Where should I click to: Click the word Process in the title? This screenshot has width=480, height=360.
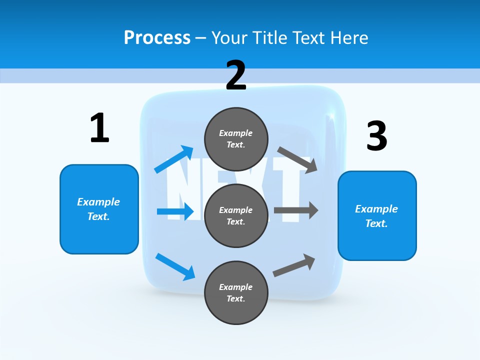(x=157, y=37)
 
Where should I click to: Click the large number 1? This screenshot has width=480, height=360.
(x=99, y=128)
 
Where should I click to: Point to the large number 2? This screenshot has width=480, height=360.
(x=236, y=75)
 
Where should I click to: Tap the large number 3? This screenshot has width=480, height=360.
(x=376, y=136)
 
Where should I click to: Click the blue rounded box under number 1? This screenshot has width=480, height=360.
(x=99, y=209)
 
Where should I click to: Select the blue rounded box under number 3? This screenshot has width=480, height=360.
(x=377, y=215)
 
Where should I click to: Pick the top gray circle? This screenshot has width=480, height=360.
(x=236, y=139)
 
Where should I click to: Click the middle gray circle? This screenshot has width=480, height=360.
(x=236, y=215)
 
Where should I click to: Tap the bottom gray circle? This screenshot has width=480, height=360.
(x=236, y=292)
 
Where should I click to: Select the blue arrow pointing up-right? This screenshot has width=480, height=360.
(x=174, y=159)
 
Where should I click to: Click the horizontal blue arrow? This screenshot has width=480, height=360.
(x=175, y=211)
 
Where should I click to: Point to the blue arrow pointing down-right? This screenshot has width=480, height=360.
(x=175, y=266)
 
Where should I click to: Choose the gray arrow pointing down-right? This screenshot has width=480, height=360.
(x=297, y=159)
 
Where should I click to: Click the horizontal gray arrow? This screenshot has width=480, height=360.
(x=296, y=210)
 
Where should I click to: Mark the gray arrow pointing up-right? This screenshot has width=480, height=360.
(x=294, y=265)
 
